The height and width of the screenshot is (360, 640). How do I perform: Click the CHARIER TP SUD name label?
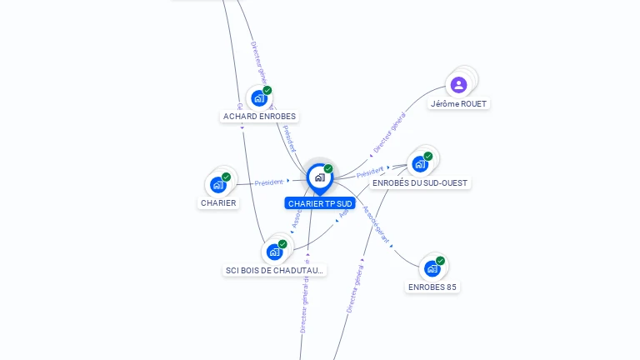point(320,203)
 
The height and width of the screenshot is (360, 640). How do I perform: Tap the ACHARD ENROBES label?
point(259,117)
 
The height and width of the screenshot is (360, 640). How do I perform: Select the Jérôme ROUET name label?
point(458,104)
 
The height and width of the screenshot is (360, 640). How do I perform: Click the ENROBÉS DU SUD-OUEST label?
point(420,182)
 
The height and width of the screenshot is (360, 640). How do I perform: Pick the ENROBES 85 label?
point(432,287)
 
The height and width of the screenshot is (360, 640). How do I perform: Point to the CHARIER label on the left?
point(218,202)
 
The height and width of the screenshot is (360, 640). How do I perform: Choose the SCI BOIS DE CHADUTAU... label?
point(274,270)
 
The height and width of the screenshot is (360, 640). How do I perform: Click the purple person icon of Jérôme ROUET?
point(458,84)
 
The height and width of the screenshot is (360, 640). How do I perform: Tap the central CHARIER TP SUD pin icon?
point(319,177)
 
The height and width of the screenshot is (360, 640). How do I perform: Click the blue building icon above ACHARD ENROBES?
point(259,97)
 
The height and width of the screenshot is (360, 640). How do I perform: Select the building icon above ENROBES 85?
point(431,268)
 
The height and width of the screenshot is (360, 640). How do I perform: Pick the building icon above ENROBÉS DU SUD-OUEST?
point(419,163)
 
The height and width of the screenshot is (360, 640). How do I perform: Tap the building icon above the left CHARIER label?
point(218,184)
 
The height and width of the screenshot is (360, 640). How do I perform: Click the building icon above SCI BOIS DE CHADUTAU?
point(273,251)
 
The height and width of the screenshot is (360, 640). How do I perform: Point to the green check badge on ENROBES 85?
point(440,260)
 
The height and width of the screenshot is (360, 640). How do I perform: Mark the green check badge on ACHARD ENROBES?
point(267,90)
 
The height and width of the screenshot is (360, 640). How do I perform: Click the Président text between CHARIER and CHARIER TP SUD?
point(269,182)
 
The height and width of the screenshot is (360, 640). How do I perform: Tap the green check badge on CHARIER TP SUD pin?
point(328,168)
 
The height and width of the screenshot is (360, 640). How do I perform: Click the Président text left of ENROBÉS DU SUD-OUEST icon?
point(370,172)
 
